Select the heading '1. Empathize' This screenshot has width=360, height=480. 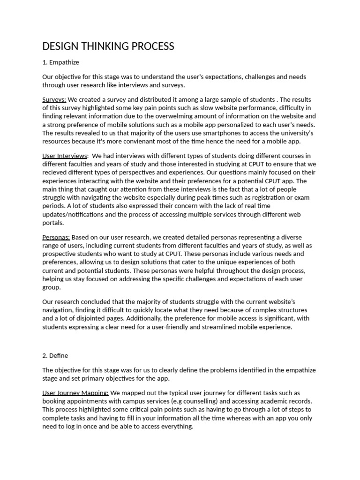click(x=60, y=62)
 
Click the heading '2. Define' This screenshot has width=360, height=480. click(x=55, y=356)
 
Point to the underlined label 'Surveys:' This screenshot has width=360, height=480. click(x=54, y=99)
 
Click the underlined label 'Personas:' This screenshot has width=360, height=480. click(x=56, y=237)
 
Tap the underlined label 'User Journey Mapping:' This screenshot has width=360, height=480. click(x=75, y=392)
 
